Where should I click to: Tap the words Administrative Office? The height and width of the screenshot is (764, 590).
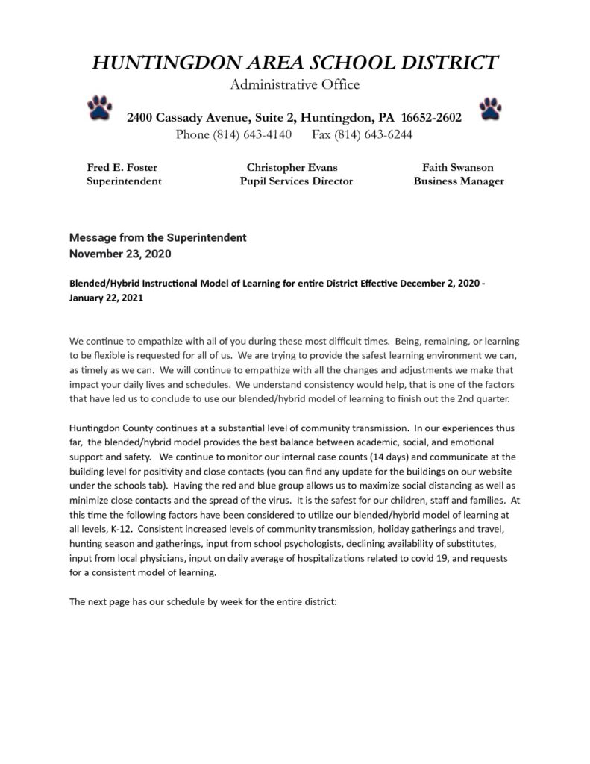pos(295,84)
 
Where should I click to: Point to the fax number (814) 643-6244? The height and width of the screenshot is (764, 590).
pos(380,134)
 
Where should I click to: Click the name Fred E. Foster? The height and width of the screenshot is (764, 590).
pos(122,167)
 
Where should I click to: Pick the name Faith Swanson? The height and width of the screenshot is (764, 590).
pos(458,167)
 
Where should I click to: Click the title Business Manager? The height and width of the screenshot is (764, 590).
pos(459,181)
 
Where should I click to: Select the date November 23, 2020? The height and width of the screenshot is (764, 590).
pos(120,254)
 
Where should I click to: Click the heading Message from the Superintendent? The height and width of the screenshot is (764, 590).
pos(157,238)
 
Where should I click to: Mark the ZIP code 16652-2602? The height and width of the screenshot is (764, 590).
pos(431,118)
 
